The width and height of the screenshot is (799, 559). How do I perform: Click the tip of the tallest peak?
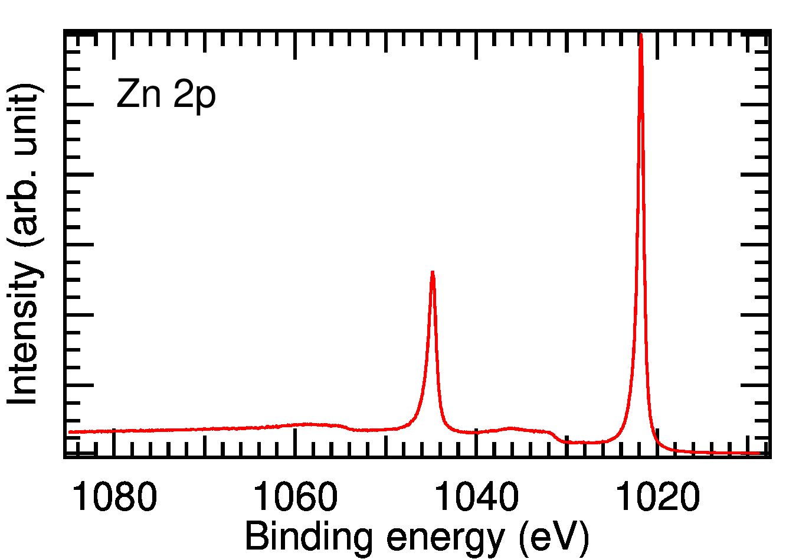point(641,35)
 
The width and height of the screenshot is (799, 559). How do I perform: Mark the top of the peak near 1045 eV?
point(433,272)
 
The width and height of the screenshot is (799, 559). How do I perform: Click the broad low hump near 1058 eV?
point(310,424)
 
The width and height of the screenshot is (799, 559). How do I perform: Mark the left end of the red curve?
point(70,432)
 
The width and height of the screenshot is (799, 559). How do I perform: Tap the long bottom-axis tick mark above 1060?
point(295,442)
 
